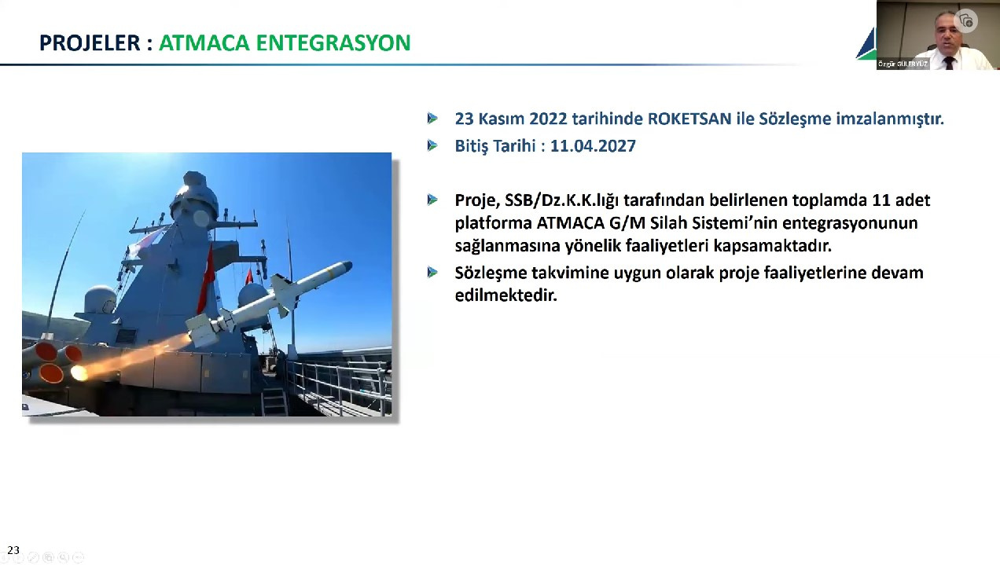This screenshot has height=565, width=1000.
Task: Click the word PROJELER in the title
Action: coord(90,43)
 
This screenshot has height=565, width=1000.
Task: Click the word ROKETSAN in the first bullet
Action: coord(689,119)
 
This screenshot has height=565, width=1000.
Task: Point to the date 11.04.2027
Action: coord(593,146)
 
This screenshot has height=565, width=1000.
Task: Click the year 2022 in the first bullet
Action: coord(548,119)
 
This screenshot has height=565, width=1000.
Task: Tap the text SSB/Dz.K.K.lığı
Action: coord(561,200)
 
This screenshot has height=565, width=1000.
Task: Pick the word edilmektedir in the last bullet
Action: coord(506,295)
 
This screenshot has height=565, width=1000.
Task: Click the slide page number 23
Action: coord(13,550)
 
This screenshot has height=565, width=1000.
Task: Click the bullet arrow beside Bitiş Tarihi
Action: coord(432,145)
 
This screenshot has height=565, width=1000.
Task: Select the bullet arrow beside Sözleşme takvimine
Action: coord(432,272)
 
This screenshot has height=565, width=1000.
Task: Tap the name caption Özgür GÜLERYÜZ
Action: coord(903,64)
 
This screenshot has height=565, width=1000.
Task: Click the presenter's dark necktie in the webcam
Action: coord(948,63)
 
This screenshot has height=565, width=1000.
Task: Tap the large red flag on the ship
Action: coord(206,279)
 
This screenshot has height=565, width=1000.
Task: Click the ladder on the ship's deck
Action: coord(274,402)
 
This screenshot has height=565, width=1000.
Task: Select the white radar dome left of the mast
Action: coord(100,300)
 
